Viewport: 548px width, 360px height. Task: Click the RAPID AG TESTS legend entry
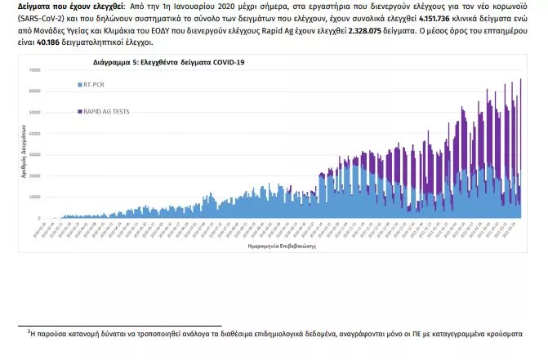[106, 110]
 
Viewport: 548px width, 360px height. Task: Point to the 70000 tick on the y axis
[34, 70]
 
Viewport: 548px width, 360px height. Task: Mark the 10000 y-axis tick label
[34, 197]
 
